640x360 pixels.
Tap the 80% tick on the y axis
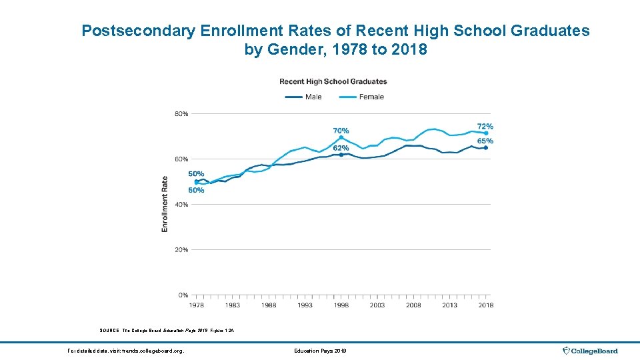181,114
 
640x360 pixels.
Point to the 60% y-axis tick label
181,159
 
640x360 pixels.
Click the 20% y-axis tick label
181,250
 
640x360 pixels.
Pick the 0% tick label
183,295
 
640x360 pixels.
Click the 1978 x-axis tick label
196,305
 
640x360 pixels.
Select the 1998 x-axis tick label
341,305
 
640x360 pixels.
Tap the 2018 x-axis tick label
485,305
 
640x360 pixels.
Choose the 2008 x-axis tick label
413,305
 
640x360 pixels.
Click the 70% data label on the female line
341,131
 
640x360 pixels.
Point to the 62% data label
341,148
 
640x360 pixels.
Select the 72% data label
485,127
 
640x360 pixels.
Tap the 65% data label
485,141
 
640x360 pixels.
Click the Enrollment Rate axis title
165,204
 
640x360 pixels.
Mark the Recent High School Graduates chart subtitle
333,81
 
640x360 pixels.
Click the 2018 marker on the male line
485,148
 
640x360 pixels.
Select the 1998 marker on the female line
341,137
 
